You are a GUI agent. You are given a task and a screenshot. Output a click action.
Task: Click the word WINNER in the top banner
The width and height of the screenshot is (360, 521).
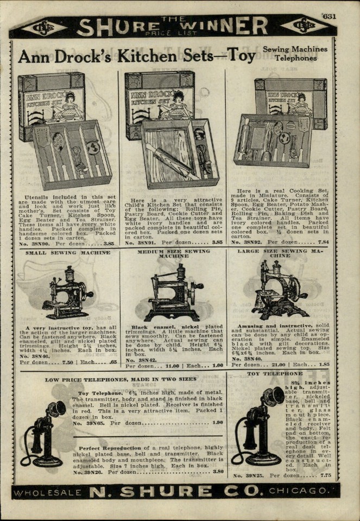point(229,27)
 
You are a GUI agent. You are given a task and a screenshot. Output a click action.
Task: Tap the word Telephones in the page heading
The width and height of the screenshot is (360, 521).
point(295,58)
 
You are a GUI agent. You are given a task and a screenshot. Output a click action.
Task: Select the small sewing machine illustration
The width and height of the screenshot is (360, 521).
point(66,293)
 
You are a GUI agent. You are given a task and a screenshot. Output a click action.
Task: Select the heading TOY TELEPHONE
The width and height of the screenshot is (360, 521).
point(275,374)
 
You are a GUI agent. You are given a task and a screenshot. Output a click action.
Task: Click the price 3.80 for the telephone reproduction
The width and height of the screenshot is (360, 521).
point(217,472)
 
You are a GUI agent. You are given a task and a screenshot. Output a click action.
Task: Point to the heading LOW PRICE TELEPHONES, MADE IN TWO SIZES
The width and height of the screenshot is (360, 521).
point(121,379)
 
